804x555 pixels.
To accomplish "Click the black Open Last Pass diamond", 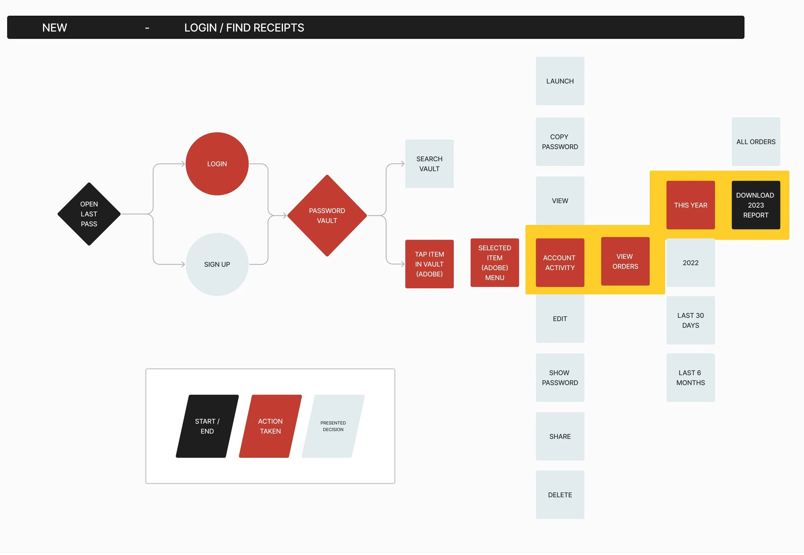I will point(89,214).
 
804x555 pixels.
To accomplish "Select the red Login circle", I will point(217,164).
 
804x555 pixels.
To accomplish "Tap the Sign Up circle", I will point(217,264).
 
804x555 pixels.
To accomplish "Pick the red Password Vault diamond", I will point(327,216).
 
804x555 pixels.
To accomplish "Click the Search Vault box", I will point(429,164).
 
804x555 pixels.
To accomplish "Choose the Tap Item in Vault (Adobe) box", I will point(429,264).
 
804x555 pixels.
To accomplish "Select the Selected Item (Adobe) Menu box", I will point(495,263).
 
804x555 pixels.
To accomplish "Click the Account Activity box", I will point(560,263).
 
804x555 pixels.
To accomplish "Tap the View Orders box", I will point(625,261).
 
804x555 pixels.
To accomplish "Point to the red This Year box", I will point(690,205).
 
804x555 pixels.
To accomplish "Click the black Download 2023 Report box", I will point(756,205).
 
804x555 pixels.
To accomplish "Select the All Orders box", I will point(756,142).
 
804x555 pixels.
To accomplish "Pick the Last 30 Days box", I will point(690,320).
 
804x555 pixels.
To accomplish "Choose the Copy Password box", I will point(560,142).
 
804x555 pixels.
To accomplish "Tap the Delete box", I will point(560,495).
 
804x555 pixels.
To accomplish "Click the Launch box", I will point(560,81).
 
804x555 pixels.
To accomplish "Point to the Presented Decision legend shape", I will point(333,426).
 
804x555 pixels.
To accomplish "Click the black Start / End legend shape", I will point(207,426).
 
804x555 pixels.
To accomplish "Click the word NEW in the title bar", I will point(55,28).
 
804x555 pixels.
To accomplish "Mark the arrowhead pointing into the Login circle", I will point(183,164).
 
